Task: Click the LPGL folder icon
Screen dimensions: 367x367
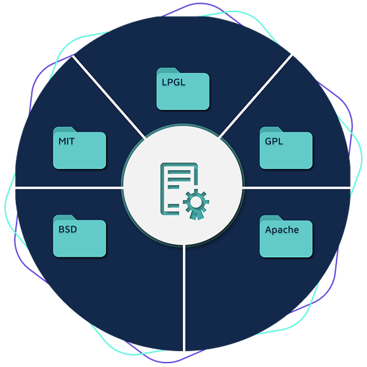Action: pyautogui.click(x=183, y=89)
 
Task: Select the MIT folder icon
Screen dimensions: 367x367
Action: pyautogui.click(x=79, y=148)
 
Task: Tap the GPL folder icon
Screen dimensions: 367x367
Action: pyautogui.click(x=286, y=148)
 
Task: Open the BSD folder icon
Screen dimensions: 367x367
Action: pyautogui.click(x=79, y=236)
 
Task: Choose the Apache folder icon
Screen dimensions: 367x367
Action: pyautogui.click(x=286, y=236)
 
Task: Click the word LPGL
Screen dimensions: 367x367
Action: pyautogui.click(x=173, y=82)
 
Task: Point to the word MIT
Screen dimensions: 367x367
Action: pyautogui.click(x=67, y=141)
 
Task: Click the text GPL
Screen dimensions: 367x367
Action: pyautogui.click(x=274, y=141)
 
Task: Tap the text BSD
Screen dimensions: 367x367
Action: pyautogui.click(x=68, y=229)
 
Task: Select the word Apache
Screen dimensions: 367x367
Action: pyautogui.click(x=282, y=230)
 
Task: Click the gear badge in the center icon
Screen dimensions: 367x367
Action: pyautogui.click(x=196, y=202)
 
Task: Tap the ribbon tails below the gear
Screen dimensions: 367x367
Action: pyautogui.click(x=196, y=215)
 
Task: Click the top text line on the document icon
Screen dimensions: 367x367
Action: pyautogui.click(x=179, y=173)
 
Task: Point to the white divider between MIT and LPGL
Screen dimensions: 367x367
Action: pyautogui.click(x=109, y=97)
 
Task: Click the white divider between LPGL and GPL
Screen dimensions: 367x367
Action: pyautogui.click(x=256, y=96)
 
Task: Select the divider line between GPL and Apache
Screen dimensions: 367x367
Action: pyautogui.click(x=297, y=188)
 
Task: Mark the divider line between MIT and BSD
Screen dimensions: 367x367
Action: pyautogui.click(x=69, y=188)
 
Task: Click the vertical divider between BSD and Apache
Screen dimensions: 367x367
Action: pyautogui.click(x=184, y=298)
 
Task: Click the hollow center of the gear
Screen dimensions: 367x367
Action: pyautogui.click(x=196, y=201)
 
